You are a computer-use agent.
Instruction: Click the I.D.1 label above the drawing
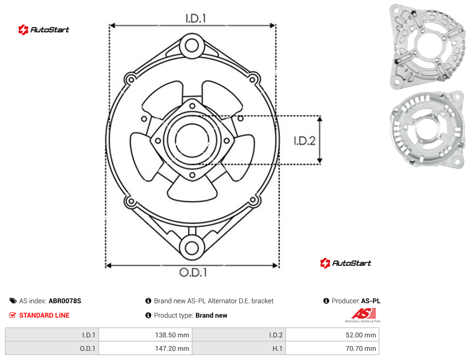[x=196, y=19]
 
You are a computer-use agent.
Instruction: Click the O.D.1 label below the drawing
[x=193, y=272]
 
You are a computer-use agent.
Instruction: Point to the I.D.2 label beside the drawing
[x=304, y=141]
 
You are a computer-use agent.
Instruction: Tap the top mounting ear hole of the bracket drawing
[x=192, y=46]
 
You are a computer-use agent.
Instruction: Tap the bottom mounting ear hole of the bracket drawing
[x=192, y=248]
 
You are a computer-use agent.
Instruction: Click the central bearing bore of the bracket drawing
[x=192, y=140]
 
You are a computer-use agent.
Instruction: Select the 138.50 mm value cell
[x=145, y=335]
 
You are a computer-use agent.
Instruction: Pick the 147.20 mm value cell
[x=145, y=348]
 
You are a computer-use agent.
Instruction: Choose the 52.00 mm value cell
[x=332, y=335]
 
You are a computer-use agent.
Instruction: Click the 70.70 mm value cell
[x=332, y=348]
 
